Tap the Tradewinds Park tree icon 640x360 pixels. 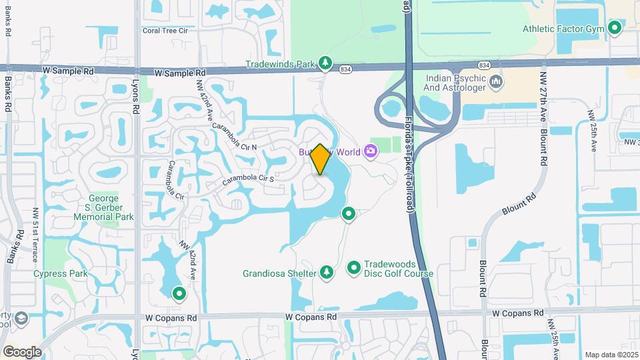325,63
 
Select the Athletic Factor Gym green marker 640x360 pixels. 615,29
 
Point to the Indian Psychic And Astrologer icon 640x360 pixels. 496,82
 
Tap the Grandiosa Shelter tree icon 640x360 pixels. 326,272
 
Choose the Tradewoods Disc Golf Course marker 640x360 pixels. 354,268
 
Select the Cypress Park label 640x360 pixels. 61,273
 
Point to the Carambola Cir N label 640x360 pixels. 235,136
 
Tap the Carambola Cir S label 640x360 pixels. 248,179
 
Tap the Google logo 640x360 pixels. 21,351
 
